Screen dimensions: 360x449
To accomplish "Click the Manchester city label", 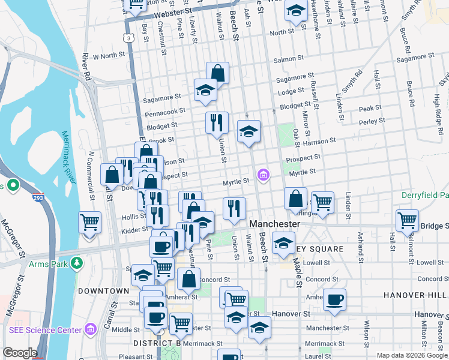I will [274, 223].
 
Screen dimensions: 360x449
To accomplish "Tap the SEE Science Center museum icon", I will [91, 329].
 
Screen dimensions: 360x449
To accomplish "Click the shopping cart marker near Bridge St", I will [407, 220].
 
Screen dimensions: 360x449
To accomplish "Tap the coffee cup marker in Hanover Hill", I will [335, 299].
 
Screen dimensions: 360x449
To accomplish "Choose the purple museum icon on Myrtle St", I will [263, 175].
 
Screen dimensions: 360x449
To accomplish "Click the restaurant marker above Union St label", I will [217, 122].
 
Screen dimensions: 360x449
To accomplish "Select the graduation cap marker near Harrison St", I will [249, 131].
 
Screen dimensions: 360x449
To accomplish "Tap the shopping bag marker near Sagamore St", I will [217, 73].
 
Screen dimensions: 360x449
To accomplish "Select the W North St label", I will [108, 55].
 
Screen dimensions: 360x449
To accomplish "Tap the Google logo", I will [20, 353].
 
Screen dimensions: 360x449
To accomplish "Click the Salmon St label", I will [286, 59].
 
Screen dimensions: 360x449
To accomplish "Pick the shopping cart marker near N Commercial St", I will [90, 223].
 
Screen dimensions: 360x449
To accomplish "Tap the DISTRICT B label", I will [157, 343].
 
